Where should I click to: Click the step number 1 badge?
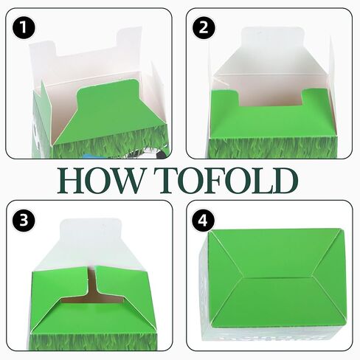coord(24,27)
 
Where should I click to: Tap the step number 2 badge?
coord(204,27)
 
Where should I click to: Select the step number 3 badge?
coord(24,221)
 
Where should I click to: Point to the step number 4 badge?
coord(203,221)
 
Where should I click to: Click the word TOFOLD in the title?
coord(226,180)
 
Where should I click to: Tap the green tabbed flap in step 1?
coord(108,113)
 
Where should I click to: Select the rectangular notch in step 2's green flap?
coord(270,98)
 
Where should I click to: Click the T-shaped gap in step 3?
coord(91,290)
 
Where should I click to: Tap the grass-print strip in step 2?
coord(272,148)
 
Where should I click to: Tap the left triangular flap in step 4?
coord(221,278)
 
